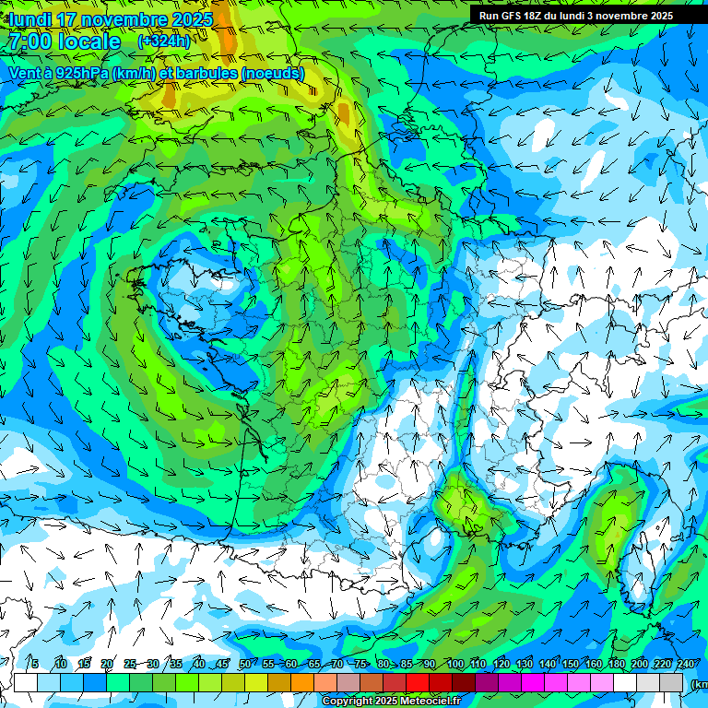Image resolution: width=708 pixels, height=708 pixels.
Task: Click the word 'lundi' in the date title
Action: pos(29,19)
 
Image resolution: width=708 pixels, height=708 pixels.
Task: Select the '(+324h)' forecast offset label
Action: pos(164,41)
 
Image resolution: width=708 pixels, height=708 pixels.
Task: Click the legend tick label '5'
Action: pos(35,664)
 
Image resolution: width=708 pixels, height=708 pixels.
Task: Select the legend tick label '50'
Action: pos(244,664)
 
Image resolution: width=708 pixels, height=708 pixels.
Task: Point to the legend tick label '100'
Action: pos(454,664)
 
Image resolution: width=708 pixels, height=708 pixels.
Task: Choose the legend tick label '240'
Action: pos(685,664)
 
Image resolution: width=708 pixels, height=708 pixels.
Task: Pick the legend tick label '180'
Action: pos(616,664)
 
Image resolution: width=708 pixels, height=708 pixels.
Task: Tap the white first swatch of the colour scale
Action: pos(25,682)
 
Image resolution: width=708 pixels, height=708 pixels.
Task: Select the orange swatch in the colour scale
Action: pos(302,682)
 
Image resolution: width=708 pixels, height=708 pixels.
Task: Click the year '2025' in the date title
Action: pos(192,19)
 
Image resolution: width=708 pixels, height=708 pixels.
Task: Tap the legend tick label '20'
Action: pos(106,664)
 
